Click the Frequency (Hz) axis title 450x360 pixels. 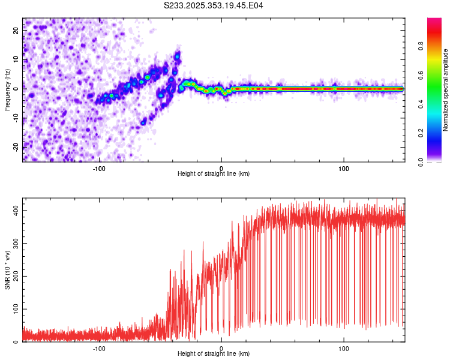click(7, 90)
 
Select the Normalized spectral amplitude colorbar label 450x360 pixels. click(445, 90)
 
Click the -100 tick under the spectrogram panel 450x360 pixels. click(99, 167)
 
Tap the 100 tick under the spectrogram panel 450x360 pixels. click(344, 167)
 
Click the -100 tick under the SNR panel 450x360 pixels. click(99, 348)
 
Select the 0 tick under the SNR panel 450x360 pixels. click(221, 348)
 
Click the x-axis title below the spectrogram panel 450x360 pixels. click(214, 174)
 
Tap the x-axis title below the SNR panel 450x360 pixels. click(214, 355)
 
